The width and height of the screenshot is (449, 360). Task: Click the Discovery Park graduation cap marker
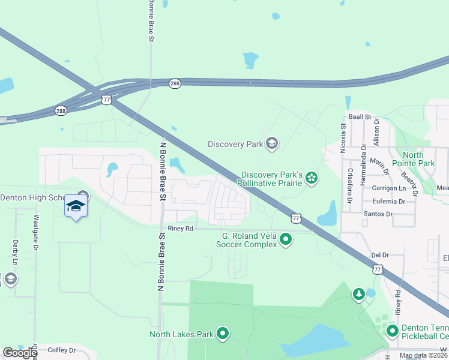pyautogui.click(x=272, y=143)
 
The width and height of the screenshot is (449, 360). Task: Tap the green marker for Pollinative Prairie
pyautogui.click(x=311, y=177)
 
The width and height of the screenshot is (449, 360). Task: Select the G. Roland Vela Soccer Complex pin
pyautogui.click(x=286, y=240)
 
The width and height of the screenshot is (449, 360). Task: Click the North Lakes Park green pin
pyautogui.click(x=223, y=334)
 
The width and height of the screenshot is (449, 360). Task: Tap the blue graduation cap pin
pyautogui.click(x=76, y=206)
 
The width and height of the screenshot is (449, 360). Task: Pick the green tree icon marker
pyautogui.click(x=358, y=294)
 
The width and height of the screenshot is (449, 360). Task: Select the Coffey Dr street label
pyautogui.click(x=62, y=350)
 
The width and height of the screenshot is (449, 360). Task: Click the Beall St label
pyautogui.click(x=360, y=117)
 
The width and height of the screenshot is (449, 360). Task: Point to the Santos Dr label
pyautogui.click(x=378, y=214)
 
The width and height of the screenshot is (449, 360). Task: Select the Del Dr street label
pyautogui.click(x=380, y=255)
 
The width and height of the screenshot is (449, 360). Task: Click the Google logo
pyautogui.click(x=20, y=353)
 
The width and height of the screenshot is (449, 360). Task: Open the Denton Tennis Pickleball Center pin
pyautogui.click(x=392, y=331)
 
